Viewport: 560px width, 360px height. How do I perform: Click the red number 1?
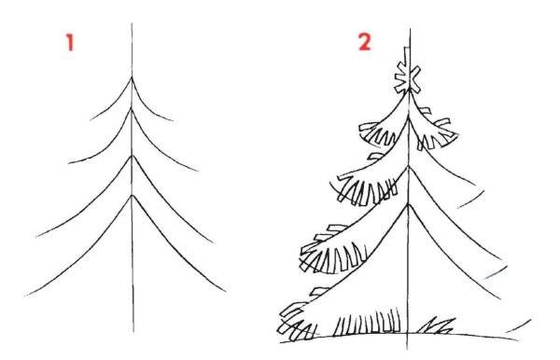tap(70, 43)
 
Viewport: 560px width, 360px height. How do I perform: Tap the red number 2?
tap(365, 42)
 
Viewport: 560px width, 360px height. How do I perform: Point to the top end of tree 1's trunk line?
tap(132, 23)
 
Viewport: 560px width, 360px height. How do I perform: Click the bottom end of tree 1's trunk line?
tap(133, 332)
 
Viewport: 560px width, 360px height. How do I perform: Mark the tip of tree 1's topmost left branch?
tap(91, 119)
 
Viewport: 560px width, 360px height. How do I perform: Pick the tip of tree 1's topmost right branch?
tap(174, 120)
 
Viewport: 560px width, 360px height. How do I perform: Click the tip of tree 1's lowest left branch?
tap(26, 296)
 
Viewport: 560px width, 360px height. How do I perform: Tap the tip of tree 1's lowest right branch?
tap(226, 292)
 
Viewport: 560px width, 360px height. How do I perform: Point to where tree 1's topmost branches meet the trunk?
tap(132, 77)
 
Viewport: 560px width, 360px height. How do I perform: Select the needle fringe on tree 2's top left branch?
tap(377, 133)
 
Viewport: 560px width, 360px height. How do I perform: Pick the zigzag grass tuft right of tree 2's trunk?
tap(437, 325)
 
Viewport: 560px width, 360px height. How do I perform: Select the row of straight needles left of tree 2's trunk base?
tap(367, 322)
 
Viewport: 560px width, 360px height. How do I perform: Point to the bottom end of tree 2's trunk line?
tap(408, 349)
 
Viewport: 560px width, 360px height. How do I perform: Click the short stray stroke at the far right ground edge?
tap(519, 325)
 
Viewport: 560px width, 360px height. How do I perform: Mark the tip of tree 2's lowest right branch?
tap(500, 298)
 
